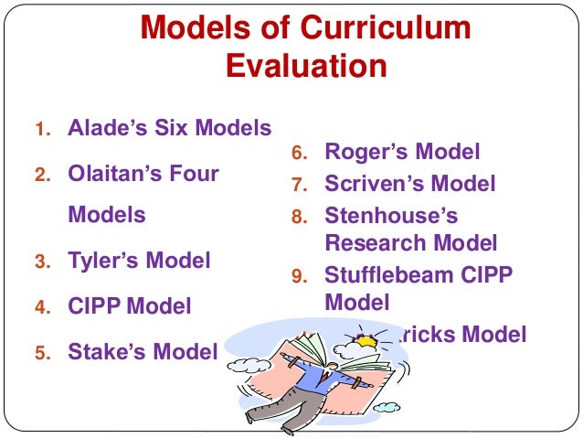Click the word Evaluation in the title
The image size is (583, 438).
(x=305, y=67)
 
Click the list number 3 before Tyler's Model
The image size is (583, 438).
(x=41, y=262)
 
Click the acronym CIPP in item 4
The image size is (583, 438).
(x=94, y=306)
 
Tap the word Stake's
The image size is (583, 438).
(x=108, y=351)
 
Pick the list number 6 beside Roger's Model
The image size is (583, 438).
(x=298, y=154)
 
